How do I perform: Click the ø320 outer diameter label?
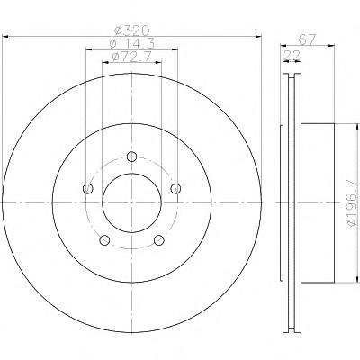point(132,31)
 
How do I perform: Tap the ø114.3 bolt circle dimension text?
point(132,44)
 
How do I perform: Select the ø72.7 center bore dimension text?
point(131,57)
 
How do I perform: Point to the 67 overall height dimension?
point(307,40)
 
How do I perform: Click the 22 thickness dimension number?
point(292,55)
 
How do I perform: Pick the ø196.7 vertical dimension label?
point(353,202)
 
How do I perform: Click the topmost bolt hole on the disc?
point(131,157)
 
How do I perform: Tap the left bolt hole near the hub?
point(87,188)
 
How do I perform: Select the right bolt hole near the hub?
point(175,188)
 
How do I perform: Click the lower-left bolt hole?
point(104,240)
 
